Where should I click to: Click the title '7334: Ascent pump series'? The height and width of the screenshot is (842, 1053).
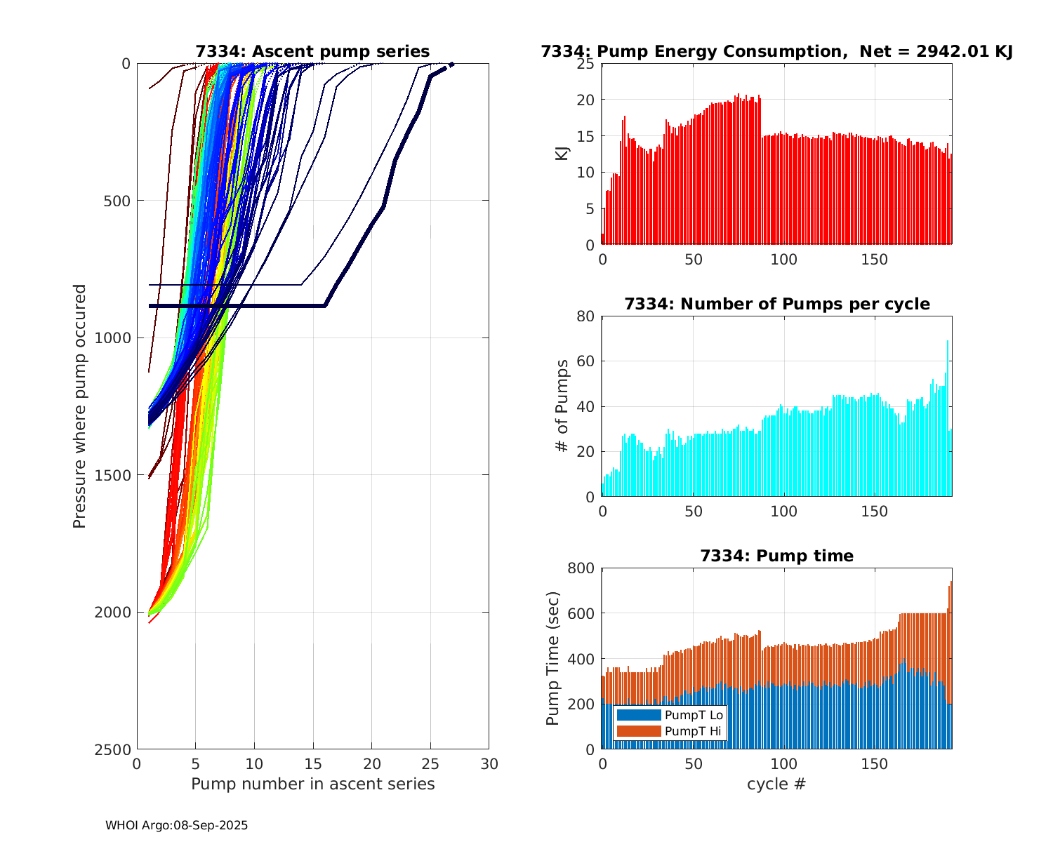(312, 51)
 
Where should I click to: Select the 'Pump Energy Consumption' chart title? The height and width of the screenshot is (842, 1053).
(776, 51)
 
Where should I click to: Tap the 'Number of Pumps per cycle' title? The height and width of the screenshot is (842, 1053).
(776, 304)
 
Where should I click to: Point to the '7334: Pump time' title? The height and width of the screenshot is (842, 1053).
(776, 556)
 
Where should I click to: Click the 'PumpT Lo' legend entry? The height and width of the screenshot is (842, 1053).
(694, 715)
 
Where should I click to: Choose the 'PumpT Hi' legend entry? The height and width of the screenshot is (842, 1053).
(692, 731)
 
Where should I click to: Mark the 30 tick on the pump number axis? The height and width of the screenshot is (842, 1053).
(489, 763)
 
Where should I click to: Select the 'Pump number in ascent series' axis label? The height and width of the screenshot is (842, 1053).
(312, 784)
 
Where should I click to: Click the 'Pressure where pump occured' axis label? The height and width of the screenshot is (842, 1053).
(79, 406)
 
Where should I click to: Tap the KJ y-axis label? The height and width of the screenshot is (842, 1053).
(562, 154)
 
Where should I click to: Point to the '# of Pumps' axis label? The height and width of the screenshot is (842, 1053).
(562, 406)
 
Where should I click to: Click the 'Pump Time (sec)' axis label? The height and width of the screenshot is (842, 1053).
(553, 658)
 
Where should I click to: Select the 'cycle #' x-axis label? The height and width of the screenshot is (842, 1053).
(776, 784)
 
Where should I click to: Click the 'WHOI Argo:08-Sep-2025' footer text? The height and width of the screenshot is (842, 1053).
(176, 825)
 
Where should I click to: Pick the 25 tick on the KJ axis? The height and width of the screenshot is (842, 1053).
(585, 64)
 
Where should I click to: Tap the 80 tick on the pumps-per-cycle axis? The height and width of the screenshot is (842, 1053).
(585, 316)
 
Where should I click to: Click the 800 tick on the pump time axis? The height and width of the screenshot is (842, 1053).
(579, 568)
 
